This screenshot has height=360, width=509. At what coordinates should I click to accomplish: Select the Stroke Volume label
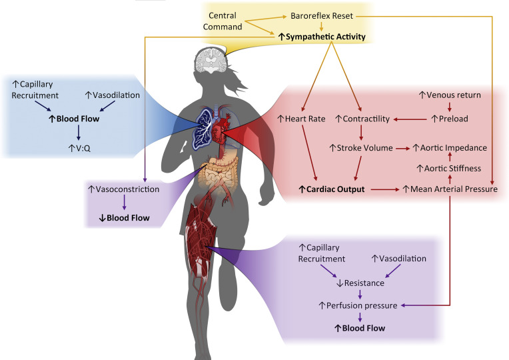(x=362, y=148)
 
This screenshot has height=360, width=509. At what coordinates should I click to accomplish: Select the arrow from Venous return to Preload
(x=450, y=107)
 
